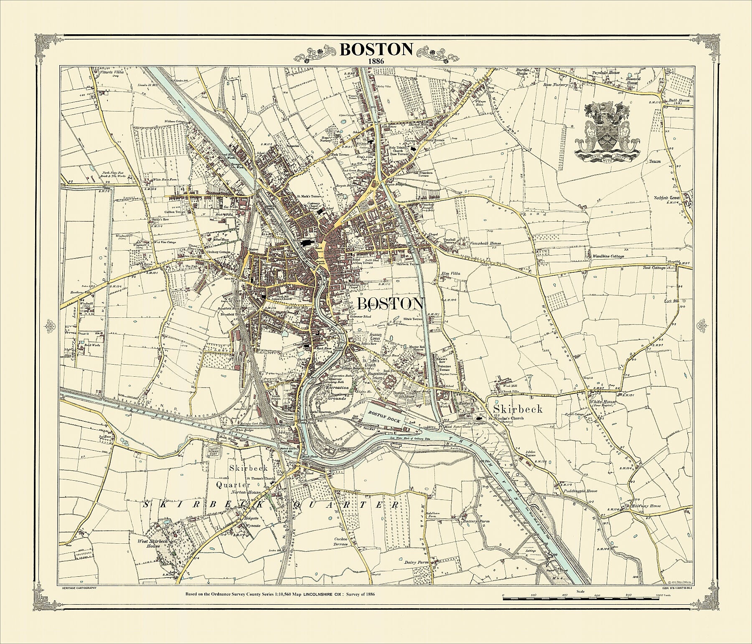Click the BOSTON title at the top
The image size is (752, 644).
click(376, 49)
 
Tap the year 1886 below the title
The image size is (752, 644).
click(376, 61)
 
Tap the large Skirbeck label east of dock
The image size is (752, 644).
click(518, 408)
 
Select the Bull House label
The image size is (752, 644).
click(676, 101)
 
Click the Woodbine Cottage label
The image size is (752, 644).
click(608, 256)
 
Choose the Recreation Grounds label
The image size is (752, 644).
click(337, 393)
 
